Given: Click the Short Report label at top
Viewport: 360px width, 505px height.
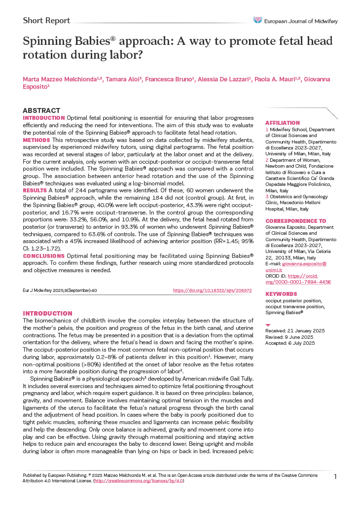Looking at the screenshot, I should tap(46, 21).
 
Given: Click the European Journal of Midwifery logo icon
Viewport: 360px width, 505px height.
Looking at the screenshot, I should tap(257, 20).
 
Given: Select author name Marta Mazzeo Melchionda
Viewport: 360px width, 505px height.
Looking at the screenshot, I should tap(62, 79).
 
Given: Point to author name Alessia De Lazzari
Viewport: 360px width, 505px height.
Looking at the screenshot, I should tap(225, 79).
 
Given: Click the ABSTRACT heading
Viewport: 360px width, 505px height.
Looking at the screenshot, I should tap(41, 110).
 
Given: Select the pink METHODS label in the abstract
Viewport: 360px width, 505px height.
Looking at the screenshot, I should tap(36, 140).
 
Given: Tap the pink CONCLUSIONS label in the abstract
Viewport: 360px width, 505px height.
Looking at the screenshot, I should tap(44, 256).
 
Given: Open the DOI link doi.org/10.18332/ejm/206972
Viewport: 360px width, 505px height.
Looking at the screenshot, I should tap(212, 290).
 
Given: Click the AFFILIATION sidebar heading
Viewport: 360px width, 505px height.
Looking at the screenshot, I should tap(283, 123).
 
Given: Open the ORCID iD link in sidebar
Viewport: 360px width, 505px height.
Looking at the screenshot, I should tap(301, 279).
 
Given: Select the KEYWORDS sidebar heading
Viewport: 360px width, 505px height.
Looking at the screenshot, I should tap(281, 293).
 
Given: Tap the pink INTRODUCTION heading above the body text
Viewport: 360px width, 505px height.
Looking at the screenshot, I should tap(47, 313).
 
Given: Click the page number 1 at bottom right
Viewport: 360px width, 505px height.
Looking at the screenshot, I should tap(335, 476).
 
